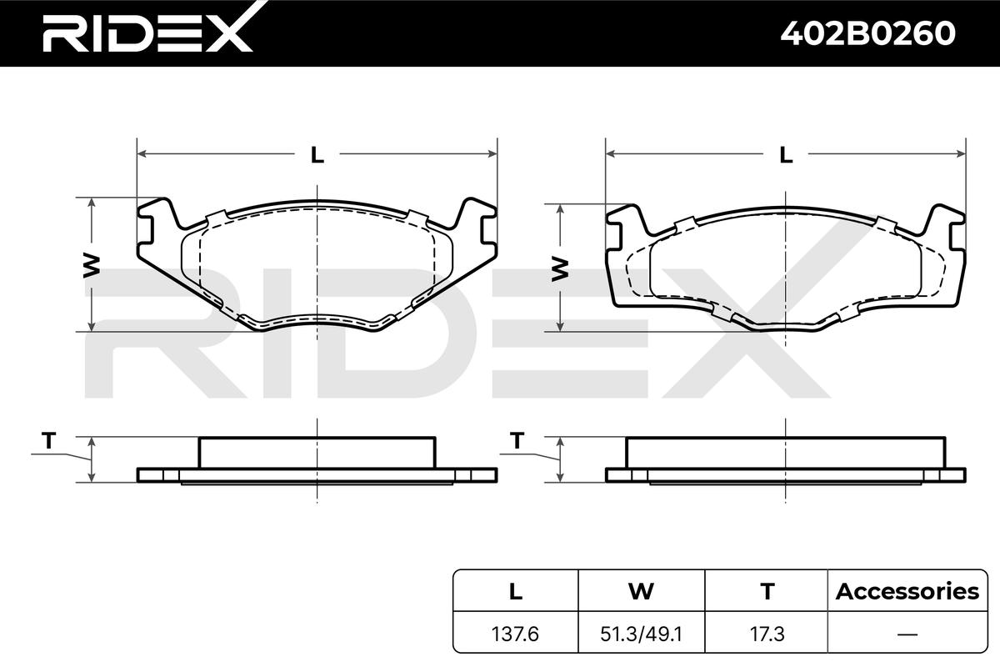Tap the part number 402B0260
[x=868, y=33]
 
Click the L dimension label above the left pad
[x=317, y=155]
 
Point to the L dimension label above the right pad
[x=786, y=155]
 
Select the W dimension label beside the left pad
[x=92, y=266]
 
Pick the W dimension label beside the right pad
[x=560, y=269]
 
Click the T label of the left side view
[x=48, y=440]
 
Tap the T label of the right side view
[x=517, y=440]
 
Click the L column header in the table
[x=516, y=591]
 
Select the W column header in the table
[x=641, y=591]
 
